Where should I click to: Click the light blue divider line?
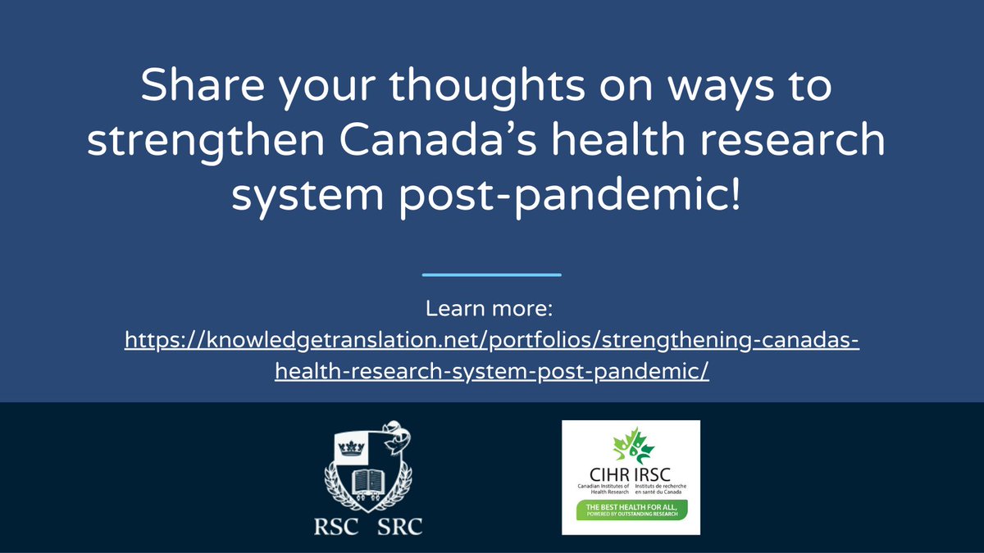click(491, 274)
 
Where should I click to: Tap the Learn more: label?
click(491, 310)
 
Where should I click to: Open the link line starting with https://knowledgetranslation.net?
click(491, 338)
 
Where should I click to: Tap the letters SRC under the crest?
click(399, 526)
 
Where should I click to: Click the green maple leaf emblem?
click(632, 446)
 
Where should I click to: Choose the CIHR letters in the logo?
click(608, 475)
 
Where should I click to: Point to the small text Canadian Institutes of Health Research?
click(605, 491)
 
